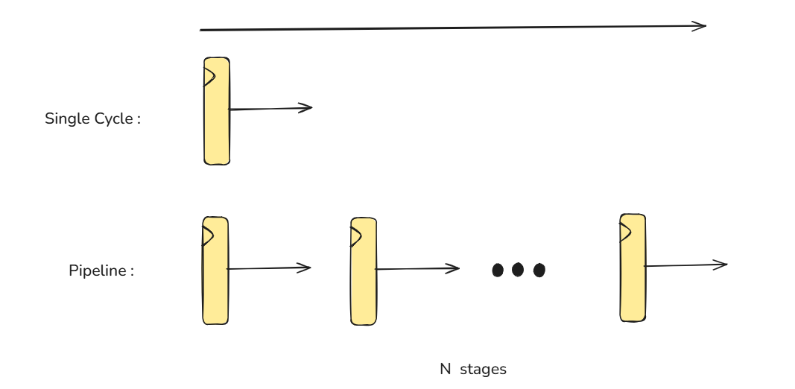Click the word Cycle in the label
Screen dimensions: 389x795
point(111,118)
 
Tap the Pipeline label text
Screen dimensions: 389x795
point(98,271)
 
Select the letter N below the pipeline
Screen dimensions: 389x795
point(445,370)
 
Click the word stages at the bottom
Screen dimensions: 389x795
point(483,370)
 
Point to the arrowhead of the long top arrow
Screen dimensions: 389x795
point(701,26)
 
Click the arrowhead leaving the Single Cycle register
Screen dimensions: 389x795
point(307,108)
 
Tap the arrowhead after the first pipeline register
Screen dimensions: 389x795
point(305,268)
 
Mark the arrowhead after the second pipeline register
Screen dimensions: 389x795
point(454,268)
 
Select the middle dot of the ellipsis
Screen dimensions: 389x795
point(518,270)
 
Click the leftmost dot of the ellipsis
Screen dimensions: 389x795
point(498,270)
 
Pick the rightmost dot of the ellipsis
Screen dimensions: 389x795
point(539,270)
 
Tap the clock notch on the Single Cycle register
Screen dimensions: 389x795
point(209,76)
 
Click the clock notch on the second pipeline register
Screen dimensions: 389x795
point(356,236)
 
